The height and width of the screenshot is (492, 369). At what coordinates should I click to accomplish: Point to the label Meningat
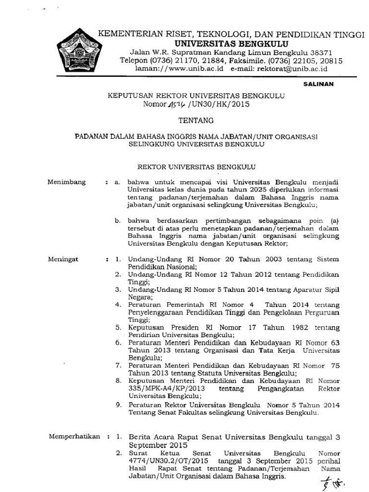coord(64,259)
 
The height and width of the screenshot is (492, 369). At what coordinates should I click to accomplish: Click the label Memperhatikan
coord(74,437)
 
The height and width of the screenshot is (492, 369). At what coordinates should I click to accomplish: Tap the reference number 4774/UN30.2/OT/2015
coord(169,461)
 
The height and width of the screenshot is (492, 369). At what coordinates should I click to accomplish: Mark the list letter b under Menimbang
coord(117,221)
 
